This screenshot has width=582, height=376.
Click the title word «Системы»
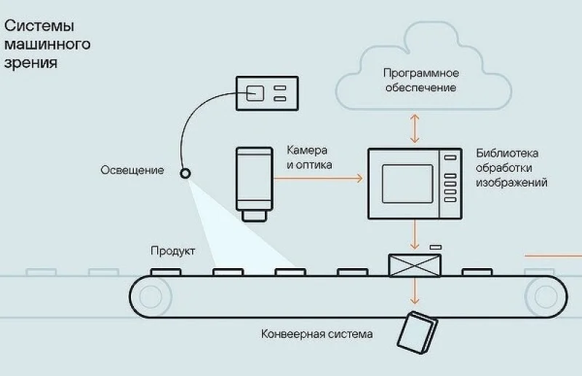pyautogui.click(x=40, y=26)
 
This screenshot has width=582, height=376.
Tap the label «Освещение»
pyautogui.click(x=132, y=171)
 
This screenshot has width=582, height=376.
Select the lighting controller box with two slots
pyautogui.click(x=266, y=93)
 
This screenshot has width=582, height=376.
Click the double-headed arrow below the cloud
pyautogui.click(x=415, y=128)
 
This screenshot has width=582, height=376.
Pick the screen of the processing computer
pyautogui.click(x=407, y=183)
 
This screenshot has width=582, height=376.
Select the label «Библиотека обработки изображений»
pyautogui.click(x=511, y=168)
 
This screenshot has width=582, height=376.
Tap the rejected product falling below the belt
pyautogui.click(x=416, y=332)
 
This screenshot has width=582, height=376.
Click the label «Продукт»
pyautogui.click(x=172, y=251)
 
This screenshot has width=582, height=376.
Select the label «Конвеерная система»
pyautogui.click(x=316, y=334)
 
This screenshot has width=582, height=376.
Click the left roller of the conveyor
pyautogui.click(x=151, y=295)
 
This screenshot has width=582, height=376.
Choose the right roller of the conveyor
pyautogui.click(x=546, y=295)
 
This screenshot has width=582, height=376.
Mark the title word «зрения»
pyautogui.click(x=31, y=63)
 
